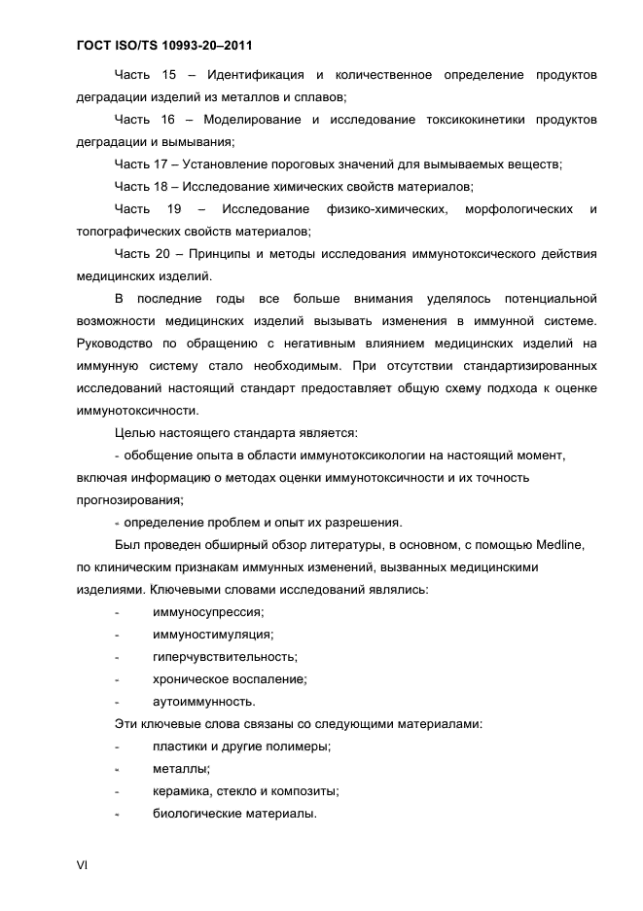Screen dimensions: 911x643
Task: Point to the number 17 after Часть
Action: (161, 164)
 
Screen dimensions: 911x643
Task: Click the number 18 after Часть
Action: (161, 186)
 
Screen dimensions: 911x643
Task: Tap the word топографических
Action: (131, 231)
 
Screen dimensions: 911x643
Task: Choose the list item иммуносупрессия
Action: (208, 611)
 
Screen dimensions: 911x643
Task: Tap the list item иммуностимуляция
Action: (212, 634)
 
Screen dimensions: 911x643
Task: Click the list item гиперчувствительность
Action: (225, 656)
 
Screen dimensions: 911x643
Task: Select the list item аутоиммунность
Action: (204, 701)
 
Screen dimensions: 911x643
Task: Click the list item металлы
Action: (181, 769)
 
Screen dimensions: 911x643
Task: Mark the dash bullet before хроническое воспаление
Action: (118, 678)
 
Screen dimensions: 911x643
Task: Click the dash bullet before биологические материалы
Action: (118, 814)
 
